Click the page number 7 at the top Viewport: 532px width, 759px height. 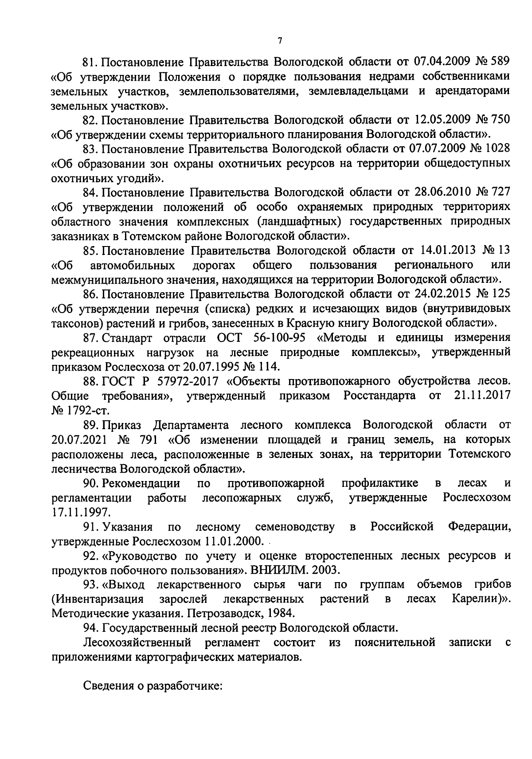pyautogui.click(x=280, y=41)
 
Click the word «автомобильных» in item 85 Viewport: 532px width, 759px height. pyautogui.click(x=132, y=265)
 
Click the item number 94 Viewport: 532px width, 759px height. pyautogui.click(x=90, y=628)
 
